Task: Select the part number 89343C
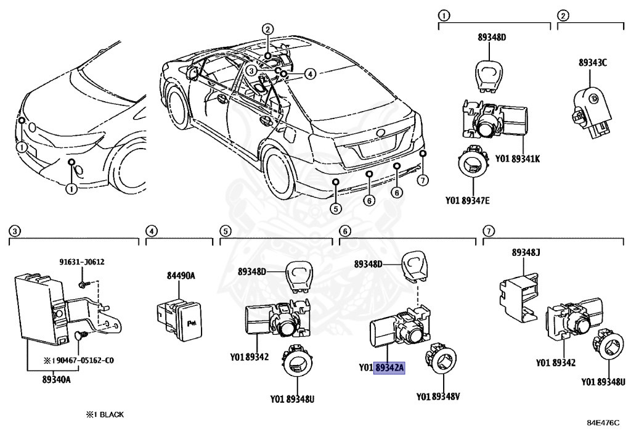pos(592,62)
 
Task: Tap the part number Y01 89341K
pos(516,158)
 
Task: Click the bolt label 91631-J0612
pos(82,261)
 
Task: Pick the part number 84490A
pos(181,275)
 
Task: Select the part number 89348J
pos(526,252)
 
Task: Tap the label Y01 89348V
pos(438,397)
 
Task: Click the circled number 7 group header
pos(488,231)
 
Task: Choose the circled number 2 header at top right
pos(563,15)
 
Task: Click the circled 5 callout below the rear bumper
pos(335,208)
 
